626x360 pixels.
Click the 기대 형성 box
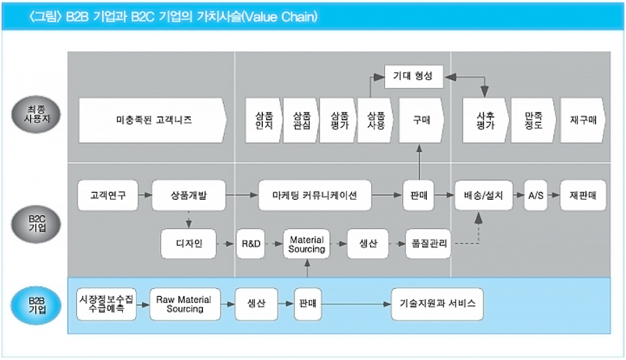click(413, 76)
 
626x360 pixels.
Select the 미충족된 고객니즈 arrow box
click(153, 120)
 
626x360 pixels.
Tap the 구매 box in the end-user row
click(421, 120)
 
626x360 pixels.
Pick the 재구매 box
click(583, 120)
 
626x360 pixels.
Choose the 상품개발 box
click(188, 196)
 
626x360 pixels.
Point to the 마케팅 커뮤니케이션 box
click(315, 196)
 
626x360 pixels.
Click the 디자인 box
click(189, 243)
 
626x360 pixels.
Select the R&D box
click(251, 243)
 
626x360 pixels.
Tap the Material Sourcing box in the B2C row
click(306, 244)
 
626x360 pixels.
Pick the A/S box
click(536, 196)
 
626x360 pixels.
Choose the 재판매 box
click(583, 196)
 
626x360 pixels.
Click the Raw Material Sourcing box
click(185, 304)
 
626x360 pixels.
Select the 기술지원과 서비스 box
click(437, 304)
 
